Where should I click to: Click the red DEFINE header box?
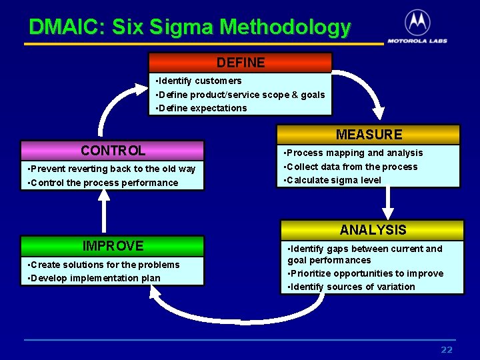click(x=240, y=63)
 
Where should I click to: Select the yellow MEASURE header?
click(x=369, y=135)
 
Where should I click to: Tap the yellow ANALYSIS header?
click(x=372, y=230)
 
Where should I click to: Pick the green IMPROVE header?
click(x=112, y=246)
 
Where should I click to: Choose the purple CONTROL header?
click(x=112, y=151)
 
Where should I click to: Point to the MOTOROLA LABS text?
click(x=417, y=40)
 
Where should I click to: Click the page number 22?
click(x=447, y=350)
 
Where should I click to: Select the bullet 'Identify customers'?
click(x=199, y=81)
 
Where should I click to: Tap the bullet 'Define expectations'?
click(x=201, y=108)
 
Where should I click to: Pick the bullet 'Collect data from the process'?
click(x=351, y=167)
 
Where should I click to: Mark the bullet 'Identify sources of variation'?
click(x=351, y=287)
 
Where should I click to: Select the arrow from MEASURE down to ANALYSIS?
click(x=385, y=203)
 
